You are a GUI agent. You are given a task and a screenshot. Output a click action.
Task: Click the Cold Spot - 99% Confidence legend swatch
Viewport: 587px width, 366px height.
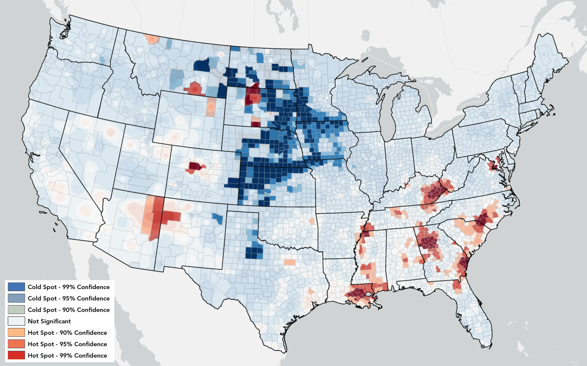(x=16, y=287)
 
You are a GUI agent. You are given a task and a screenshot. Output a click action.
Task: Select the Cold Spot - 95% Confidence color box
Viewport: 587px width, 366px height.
(x=16, y=298)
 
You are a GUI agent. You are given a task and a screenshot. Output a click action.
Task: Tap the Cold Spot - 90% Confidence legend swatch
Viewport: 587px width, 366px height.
(x=16, y=310)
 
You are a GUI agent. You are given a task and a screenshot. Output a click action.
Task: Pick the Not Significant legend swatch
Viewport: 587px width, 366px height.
(x=16, y=321)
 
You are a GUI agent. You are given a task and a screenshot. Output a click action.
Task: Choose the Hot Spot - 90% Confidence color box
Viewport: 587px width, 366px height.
(x=16, y=332)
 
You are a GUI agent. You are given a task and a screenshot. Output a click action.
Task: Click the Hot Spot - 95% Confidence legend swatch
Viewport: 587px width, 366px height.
(x=16, y=344)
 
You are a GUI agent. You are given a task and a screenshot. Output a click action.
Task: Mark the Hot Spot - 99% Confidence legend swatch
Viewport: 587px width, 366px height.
(x=16, y=355)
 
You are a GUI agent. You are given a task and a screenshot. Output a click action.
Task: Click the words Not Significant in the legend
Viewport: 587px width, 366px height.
(x=49, y=321)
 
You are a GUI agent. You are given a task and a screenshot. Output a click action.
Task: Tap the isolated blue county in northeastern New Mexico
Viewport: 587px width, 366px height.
(x=218, y=218)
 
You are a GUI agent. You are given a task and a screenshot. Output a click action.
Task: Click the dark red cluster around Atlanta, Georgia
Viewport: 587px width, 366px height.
(x=428, y=242)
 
